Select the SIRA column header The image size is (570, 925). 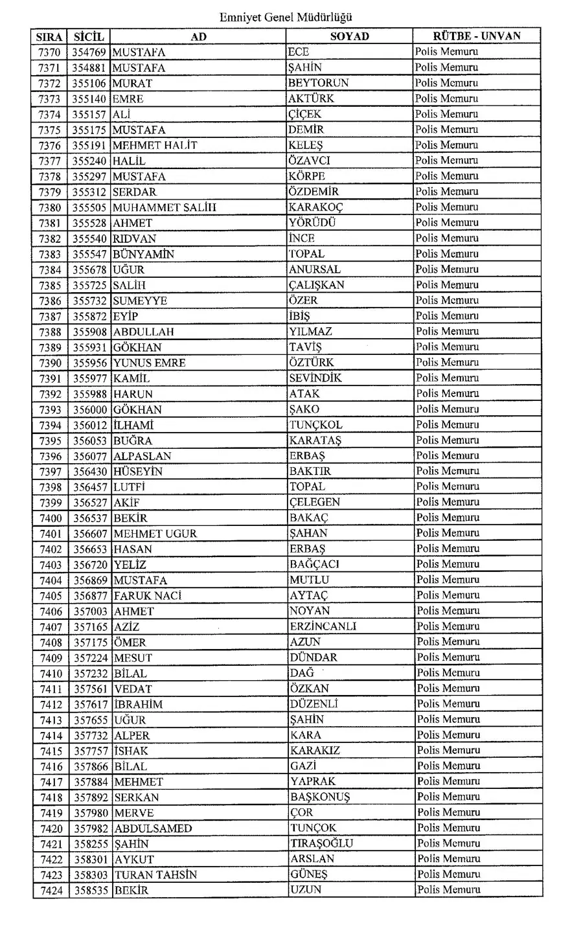49,37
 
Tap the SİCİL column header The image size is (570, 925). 89,37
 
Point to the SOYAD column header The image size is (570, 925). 349,37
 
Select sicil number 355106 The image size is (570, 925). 90,84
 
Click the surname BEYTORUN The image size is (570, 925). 319,83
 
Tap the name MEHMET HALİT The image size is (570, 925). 155,145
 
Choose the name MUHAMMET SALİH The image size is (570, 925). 165,207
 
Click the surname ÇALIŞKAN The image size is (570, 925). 317,285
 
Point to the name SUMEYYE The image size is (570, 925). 140,301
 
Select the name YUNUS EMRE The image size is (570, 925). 150,363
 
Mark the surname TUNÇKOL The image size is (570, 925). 316,425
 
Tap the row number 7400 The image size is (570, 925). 51,518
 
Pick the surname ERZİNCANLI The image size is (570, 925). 323,626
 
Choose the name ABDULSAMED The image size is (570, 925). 153,828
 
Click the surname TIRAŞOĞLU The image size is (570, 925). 321,843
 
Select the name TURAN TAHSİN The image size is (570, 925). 155,874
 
